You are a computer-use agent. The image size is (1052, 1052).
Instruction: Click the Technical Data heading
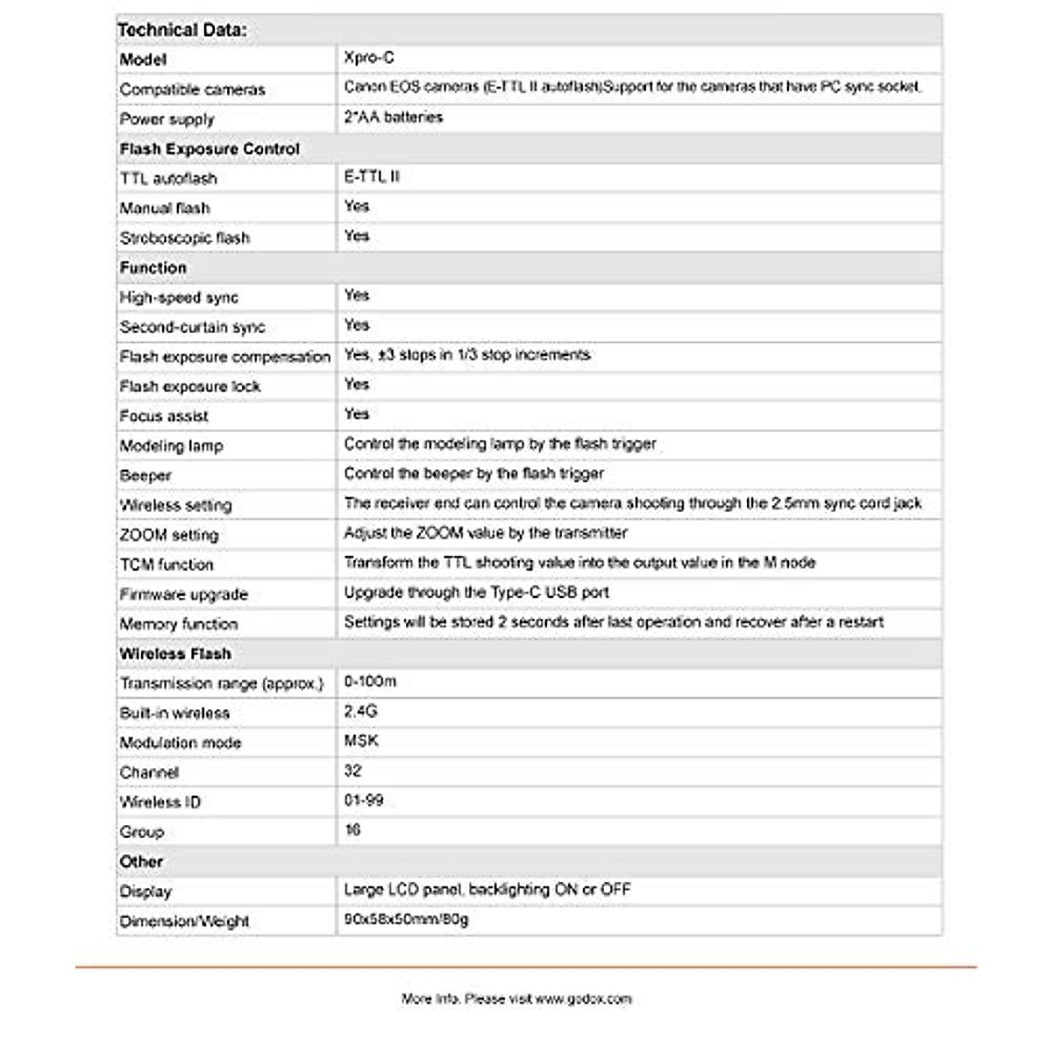tap(182, 30)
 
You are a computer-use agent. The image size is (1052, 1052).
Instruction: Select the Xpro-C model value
tap(369, 58)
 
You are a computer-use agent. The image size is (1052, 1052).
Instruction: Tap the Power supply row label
tap(167, 119)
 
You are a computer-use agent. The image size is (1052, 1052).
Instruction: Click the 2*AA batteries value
tap(394, 117)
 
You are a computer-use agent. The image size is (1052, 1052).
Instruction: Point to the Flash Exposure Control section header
tap(210, 149)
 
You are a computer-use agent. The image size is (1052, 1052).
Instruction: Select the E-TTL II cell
tap(372, 177)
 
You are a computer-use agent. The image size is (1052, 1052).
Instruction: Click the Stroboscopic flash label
tap(185, 238)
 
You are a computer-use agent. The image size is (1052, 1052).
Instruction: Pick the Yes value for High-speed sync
tap(357, 295)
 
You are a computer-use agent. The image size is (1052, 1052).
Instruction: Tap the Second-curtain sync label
tap(192, 327)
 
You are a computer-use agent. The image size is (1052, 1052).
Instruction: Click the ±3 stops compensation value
tap(467, 355)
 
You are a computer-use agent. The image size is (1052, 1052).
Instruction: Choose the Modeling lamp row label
tap(172, 445)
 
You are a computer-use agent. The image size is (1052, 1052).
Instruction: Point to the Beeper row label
tap(146, 475)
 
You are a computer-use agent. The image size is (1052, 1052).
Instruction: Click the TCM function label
tap(167, 565)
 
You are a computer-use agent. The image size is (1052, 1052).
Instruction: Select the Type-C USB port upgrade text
tap(476, 593)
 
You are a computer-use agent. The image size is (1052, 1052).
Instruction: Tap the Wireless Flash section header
tap(175, 654)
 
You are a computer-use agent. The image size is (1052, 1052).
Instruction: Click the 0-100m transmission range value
tap(370, 682)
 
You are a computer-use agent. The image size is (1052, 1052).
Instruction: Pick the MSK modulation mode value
tap(361, 742)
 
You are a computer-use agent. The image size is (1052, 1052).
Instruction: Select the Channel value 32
tap(352, 771)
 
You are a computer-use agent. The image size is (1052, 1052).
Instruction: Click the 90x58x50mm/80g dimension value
tap(406, 920)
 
